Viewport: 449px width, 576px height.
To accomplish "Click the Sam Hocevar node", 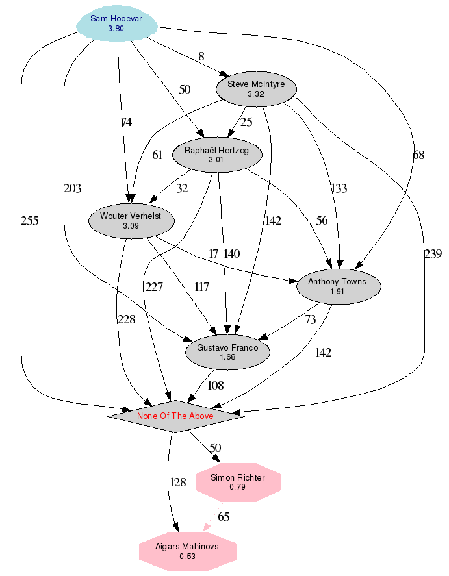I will tap(116, 23).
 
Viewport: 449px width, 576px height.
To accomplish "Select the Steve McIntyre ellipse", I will tap(256, 89).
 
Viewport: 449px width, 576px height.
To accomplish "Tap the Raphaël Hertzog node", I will tap(216, 155).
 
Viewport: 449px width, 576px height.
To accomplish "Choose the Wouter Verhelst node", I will tap(132, 220).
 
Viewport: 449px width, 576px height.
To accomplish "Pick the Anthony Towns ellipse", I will tap(337, 286).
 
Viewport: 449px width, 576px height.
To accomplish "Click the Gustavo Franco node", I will tap(227, 352).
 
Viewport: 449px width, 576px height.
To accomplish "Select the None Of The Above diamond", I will tap(175, 416).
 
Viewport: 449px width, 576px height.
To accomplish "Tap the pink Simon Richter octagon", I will tap(238, 482).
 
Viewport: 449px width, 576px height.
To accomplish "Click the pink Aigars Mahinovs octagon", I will tap(187, 551).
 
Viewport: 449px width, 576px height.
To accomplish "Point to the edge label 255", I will tap(30, 221).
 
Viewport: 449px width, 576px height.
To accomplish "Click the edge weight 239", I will tap(433, 254).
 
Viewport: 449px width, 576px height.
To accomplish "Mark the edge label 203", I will tap(73, 188).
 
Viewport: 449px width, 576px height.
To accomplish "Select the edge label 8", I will tap(201, 56).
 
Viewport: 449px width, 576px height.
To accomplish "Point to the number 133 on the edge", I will tap(339, 188).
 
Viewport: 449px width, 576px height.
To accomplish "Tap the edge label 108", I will tap(216, 385).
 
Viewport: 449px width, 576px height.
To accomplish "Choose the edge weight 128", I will tap(178, 482).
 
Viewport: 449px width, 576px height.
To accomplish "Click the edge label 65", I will tap(224, 517).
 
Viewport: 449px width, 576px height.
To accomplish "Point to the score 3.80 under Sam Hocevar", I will tap(116, 29).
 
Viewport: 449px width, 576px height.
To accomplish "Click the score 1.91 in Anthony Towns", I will tap(337, 292).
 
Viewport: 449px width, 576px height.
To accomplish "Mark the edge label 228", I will tap(126, 319).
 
